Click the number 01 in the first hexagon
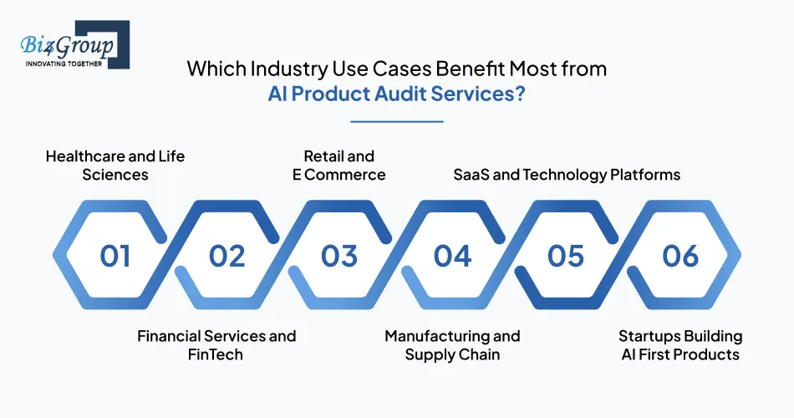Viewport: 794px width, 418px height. tap(115, 256)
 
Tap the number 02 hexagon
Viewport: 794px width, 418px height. tap(227, 256)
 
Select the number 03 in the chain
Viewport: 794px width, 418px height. tap(340, 256)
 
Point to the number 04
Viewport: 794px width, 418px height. tap(452, 256)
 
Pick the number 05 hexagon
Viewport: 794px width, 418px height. tap(566, 256)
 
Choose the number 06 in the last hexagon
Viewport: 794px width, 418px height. tap(679, 256)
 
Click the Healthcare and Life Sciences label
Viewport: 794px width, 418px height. tap(115, 166)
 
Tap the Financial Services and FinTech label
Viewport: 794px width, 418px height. tap(216, 345)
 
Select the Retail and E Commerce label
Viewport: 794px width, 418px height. tap(338, 166)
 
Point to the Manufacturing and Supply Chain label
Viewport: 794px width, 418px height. tap(452, 345)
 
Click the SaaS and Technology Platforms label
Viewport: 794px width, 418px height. tap(566, 175)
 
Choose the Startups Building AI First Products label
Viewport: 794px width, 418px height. tap(679, 345)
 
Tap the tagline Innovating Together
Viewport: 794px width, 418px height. tap(63, 64)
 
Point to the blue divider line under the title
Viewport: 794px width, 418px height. tap(396, 121)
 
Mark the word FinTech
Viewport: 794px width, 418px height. tap(215, 354)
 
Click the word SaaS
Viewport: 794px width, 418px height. tap(471, 175)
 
